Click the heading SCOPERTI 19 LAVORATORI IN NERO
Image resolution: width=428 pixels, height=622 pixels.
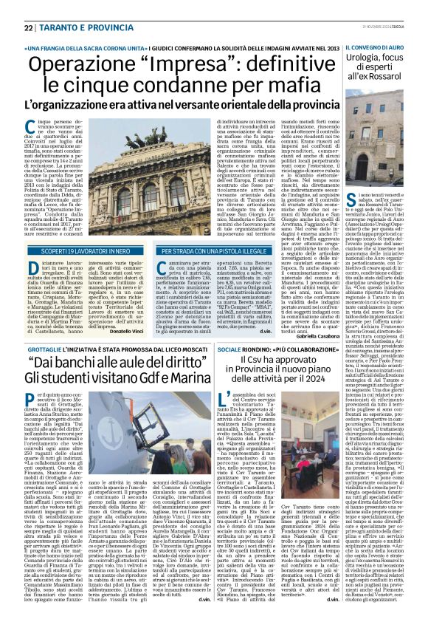(x=75, y=250)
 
